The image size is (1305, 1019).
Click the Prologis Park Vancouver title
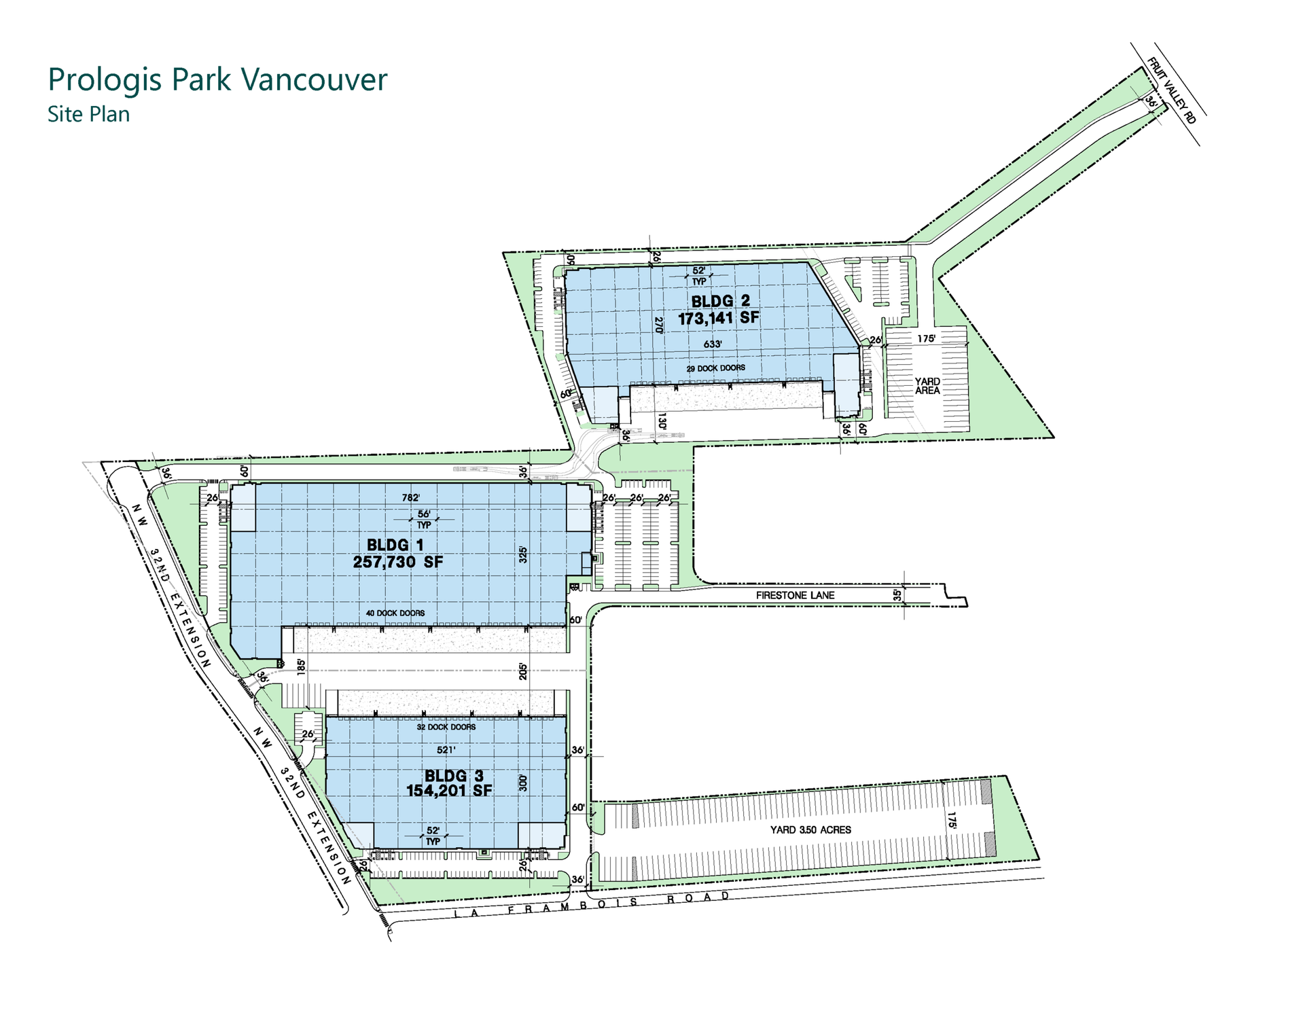point(217,80)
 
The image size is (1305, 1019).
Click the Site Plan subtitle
point(88,114)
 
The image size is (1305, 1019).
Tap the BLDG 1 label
point(395,545)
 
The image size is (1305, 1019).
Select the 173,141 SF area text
point(719,318)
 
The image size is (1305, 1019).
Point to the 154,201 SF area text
point(449,790)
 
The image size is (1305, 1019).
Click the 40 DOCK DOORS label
point(395,613)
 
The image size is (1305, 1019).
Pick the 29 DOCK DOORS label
point(715,368)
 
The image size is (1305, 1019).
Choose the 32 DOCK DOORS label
point(446,727)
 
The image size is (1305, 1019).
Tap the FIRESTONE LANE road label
point(795,595)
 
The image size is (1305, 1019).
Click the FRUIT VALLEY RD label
point(1171,90)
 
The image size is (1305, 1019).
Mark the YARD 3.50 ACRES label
point(810,829)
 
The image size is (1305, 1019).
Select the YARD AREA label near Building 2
point(927,386)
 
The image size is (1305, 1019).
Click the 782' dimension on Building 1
point(411,498)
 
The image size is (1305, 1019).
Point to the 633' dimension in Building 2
point(713,344)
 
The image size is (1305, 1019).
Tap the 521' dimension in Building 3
point(446,750)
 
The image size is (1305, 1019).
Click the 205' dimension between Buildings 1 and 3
point(522,671)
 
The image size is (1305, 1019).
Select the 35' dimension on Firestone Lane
point(897,595)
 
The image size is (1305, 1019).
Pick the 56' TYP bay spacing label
point(424,520)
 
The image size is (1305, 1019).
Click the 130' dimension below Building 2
point(662,421)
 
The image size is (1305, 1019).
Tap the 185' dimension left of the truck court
point(301,666)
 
